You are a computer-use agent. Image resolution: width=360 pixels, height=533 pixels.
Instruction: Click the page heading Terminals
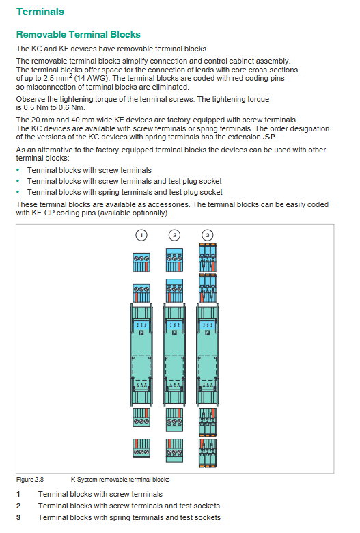point(40,12)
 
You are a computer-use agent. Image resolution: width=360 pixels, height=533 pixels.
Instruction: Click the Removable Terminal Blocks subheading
point(78,34)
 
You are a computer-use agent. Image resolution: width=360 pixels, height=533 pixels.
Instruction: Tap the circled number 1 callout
point(141,235)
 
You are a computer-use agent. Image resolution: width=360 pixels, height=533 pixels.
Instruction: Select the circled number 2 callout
point(174,235)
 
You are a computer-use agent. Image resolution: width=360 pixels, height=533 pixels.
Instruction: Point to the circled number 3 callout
point(208,235)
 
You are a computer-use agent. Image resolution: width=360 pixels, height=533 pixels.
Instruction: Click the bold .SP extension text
point(269,137)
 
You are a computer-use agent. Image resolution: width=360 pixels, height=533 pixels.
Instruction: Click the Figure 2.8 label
point(30,480)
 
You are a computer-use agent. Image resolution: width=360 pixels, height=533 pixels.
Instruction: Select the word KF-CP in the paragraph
point(43,213)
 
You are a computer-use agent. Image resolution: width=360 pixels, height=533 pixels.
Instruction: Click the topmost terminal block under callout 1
point(141,262)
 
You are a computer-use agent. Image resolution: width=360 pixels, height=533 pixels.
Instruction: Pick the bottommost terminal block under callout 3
point(208,453)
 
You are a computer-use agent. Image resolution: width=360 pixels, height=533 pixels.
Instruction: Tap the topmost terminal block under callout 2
point(174,260)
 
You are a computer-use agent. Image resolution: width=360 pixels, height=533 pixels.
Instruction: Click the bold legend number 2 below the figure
point(18,506)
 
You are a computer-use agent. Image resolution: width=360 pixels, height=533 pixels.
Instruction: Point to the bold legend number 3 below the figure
point(18,517)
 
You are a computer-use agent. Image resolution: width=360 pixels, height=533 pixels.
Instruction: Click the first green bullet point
point(18,170)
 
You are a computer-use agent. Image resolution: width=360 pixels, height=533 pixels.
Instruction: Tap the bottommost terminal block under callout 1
point(141,448)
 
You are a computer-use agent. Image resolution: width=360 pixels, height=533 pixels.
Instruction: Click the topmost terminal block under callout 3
point(208,258)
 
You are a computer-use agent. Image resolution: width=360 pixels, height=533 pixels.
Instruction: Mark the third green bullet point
point(18,192)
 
